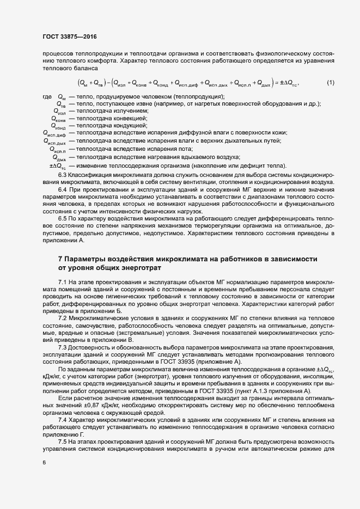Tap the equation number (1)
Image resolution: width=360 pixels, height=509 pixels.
pos(330,83)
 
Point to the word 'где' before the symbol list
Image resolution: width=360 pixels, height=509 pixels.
pos(47,96)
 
